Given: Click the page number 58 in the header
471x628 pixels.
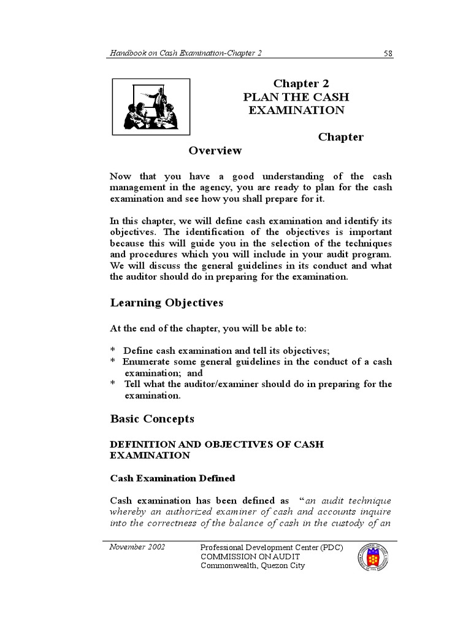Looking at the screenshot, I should pos(388,53).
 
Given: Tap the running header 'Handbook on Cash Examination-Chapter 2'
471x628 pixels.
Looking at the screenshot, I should pos(186,53).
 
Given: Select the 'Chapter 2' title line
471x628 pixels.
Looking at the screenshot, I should pos(296,84).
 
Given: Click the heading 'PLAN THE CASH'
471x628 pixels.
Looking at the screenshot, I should pos(296,97).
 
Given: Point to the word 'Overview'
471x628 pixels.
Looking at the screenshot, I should pos(215,151).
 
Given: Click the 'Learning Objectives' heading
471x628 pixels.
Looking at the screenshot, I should pos(166,303).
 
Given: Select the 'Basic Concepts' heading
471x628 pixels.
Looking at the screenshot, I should pos(152,419).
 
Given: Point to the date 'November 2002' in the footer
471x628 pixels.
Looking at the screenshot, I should pos(137,546).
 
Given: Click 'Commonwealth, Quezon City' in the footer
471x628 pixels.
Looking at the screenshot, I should pos(253,565).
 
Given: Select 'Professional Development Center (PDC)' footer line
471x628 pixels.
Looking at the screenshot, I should pos(272,547).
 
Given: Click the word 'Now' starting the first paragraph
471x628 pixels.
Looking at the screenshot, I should pos(121,177).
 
